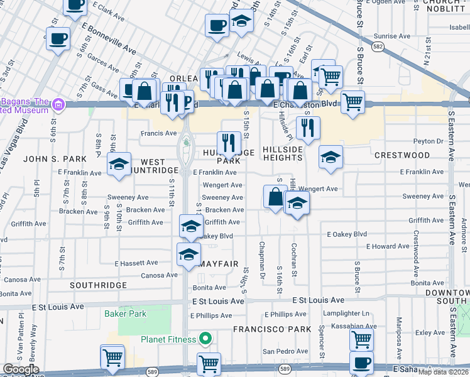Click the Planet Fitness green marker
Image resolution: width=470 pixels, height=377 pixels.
pyautogui.click(x=205, y=340)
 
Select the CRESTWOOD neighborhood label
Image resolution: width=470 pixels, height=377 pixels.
pyautogui.click(x=402, y=155)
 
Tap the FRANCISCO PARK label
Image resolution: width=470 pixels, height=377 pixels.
pyautogui.click(x=272, y=329)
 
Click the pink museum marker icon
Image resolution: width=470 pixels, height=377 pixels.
pyautogui.click(x=58, y=104)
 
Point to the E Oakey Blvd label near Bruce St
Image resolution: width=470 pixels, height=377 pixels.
pyautogui.click(x=346, y=234)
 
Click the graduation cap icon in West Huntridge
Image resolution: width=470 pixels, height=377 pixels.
pyautogui.click(x=119, y=165)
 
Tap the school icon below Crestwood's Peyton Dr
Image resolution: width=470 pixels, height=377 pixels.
pyautogui.click(x=330, y=158)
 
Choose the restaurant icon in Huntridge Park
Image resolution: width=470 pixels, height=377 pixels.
pyautogui.click(x=228, y=143)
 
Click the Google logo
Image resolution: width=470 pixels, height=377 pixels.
pyautogui.click(x=21, y=369)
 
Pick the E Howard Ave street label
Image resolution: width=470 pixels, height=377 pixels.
pyautogui.click(x=388, y=247)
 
